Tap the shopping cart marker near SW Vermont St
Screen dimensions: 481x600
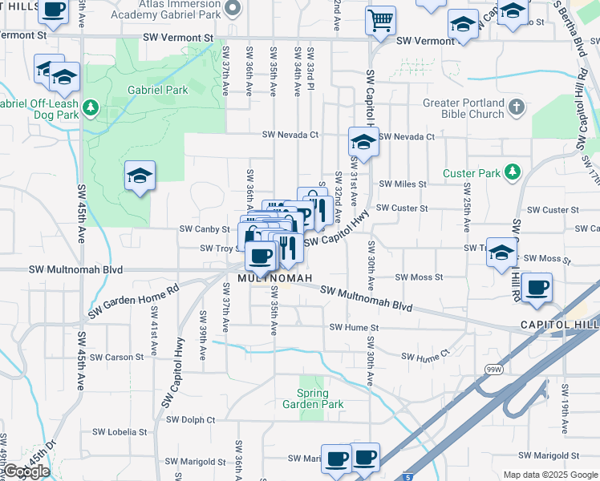(380, 20)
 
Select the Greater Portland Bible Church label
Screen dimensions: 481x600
(464, 108)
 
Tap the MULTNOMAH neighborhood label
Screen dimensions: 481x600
(268, 278)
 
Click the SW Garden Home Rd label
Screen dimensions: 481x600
(133, 302)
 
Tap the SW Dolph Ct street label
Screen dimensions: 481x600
(191, 419)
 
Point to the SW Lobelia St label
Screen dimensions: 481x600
(119, 431)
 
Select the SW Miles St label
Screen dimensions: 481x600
(403, 184)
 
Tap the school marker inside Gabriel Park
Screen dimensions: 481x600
(140, 176)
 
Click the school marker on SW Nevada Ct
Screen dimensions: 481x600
(363, 143)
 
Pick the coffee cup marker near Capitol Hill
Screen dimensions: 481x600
(536, 285)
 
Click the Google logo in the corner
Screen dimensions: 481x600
(26, 471)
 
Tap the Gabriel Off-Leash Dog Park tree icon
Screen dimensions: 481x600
(92, 107)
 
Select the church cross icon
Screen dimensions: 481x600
(516, 106)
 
